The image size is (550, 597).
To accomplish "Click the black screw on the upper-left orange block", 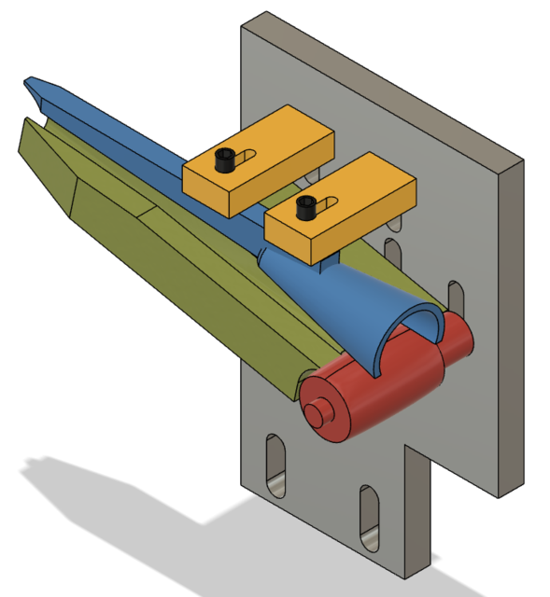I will coord(224,160).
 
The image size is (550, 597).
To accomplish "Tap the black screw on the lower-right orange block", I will coord(305,207).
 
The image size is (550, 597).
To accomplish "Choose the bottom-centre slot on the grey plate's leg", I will coord(366,518).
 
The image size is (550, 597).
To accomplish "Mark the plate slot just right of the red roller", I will coord(456,297).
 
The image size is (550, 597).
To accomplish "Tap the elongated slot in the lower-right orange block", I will coord(329,203).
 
